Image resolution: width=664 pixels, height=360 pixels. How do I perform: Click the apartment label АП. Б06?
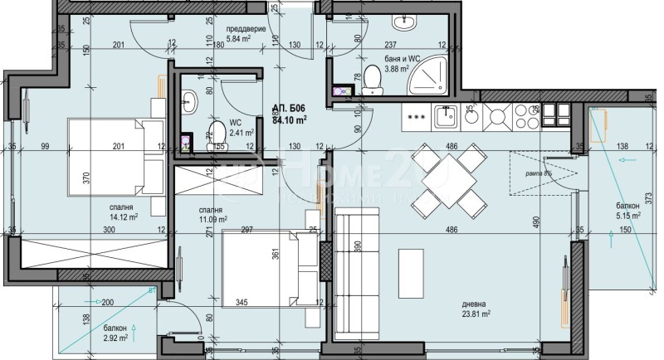coord(288,108)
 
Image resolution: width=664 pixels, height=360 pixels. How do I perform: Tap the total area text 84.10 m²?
coord(290,119)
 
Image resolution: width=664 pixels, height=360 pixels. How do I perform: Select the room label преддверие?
coord(246,29)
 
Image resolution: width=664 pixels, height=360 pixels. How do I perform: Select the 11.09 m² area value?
coord(213,220)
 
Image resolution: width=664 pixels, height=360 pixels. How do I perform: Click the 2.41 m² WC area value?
coord(241,131)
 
